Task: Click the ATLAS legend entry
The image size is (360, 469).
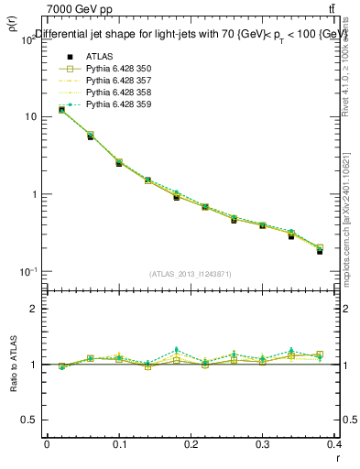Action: point(100,57)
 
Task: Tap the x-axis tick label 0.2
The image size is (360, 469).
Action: point(191,444)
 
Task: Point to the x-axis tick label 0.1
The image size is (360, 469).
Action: point(119,444)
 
